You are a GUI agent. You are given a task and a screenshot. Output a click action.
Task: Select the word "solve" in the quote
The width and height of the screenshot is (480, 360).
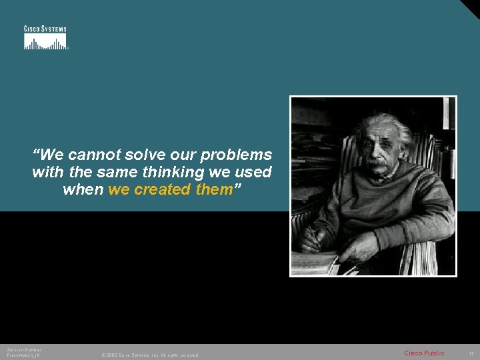(147, 155)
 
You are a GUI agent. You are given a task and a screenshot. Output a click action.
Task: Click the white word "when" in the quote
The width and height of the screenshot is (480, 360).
(83, 189)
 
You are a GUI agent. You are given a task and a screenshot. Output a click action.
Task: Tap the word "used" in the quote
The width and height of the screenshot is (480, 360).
(255, 172)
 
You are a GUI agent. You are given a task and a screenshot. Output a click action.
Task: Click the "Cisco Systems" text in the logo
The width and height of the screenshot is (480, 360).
(45, 29)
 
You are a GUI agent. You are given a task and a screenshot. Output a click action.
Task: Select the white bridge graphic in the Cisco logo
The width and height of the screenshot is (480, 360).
(45, 42)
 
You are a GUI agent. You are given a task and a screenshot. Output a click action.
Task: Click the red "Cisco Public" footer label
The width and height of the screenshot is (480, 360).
(424, 353)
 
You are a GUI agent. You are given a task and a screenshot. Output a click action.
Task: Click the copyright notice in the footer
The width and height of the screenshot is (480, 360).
(149, 355)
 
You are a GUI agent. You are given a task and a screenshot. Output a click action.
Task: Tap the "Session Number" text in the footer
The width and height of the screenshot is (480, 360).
(24, 350)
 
